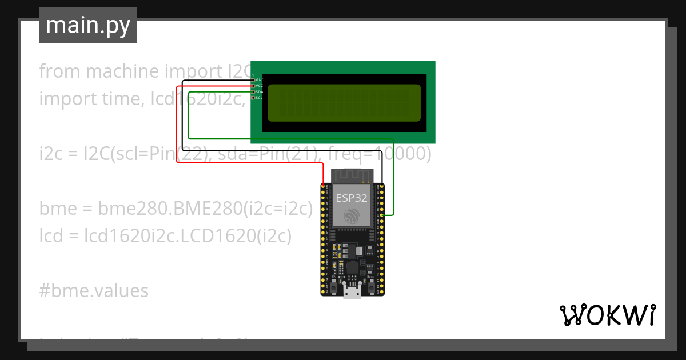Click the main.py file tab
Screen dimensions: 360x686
(x=88, y=25)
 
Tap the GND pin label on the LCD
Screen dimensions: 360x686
(x=260, y=80)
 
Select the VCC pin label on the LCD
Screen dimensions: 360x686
(x=260, y=86)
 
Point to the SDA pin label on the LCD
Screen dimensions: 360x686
(x=260, y=91)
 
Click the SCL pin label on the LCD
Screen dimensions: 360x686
(x=260, y=98)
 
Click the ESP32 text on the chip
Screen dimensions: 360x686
(x=352, y=198)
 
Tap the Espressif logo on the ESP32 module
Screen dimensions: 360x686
(x=352, y=215)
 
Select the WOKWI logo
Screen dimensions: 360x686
(x=607, y=315)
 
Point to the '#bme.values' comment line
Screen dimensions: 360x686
(x=94, y=291)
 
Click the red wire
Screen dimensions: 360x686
(x=177, y=126)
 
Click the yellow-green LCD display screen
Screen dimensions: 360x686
(x=344, y=103)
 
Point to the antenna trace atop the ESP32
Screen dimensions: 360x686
(x=352, y=174)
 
